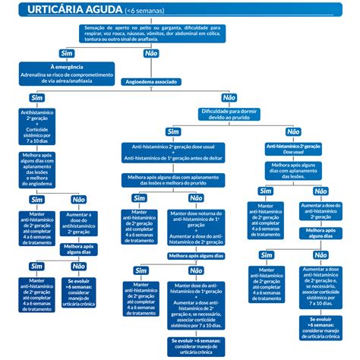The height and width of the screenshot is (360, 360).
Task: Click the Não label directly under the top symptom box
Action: pyautogui.click(x=150, y=53)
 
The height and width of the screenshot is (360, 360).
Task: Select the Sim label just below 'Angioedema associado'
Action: pyautogui.click(x=36, y=98)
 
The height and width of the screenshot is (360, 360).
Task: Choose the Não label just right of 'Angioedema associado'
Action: pyautogui.click(x=229, y=98)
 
